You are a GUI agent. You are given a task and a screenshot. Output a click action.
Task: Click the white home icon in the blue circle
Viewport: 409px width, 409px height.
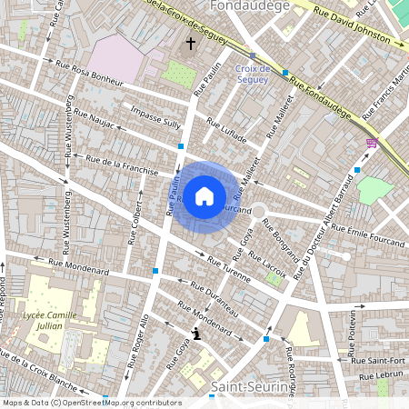coord(204,195)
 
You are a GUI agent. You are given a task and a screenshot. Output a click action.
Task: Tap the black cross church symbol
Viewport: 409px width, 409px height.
coord(191,43)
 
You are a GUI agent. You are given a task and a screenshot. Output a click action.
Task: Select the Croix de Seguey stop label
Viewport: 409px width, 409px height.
coord(252,74)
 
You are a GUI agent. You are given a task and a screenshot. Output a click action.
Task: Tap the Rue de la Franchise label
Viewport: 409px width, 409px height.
coord(122,165)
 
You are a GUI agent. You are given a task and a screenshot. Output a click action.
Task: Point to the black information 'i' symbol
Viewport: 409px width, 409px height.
coord(197,334)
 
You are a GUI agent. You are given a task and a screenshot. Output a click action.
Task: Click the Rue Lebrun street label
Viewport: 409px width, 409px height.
coord(383,374)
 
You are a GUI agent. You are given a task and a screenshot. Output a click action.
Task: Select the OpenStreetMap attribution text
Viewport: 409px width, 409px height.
coord(91,403)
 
